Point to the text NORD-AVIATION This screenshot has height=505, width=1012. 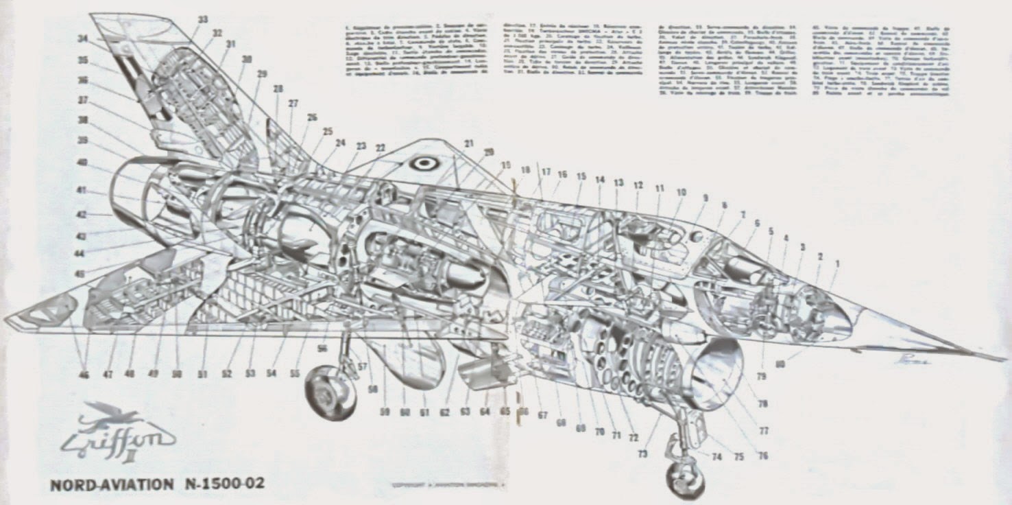coord(112,485)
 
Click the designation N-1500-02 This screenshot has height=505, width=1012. coord(223,484)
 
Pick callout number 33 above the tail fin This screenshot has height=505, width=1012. coord(203,20)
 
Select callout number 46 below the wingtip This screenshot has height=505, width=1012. coord(84,375)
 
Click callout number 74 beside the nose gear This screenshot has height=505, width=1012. coord(717,456)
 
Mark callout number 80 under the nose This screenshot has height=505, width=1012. coord(780,364)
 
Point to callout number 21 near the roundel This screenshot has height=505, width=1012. coord(469,143)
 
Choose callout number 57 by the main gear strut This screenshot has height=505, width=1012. coord(363,366)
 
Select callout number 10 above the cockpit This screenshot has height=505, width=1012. coord(681,193)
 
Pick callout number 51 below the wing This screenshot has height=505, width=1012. coord(204,375)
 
